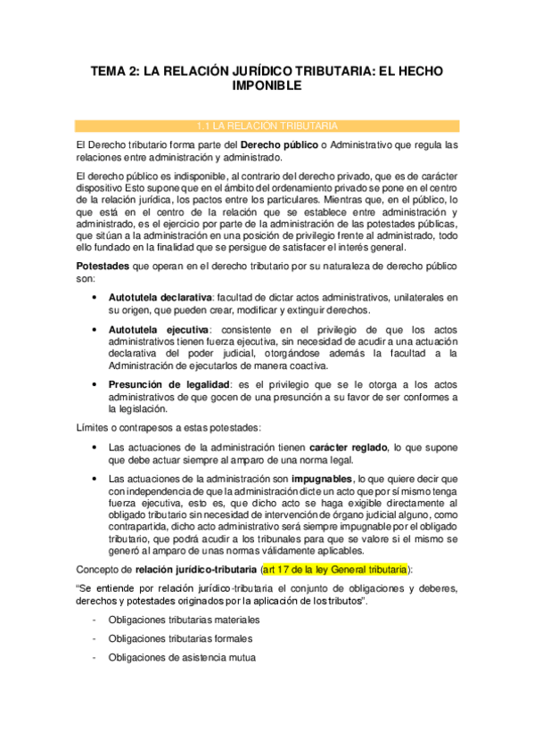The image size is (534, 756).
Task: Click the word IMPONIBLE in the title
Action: coord(267,86)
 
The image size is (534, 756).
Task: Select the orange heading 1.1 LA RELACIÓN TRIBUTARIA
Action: coord(267,124)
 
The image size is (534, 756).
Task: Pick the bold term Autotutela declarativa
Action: coord(160,296)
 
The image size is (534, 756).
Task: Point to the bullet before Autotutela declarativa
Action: coord(94,296)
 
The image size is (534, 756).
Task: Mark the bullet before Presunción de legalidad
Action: coord(94,384)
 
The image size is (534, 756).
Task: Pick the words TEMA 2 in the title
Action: coord(117,70)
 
